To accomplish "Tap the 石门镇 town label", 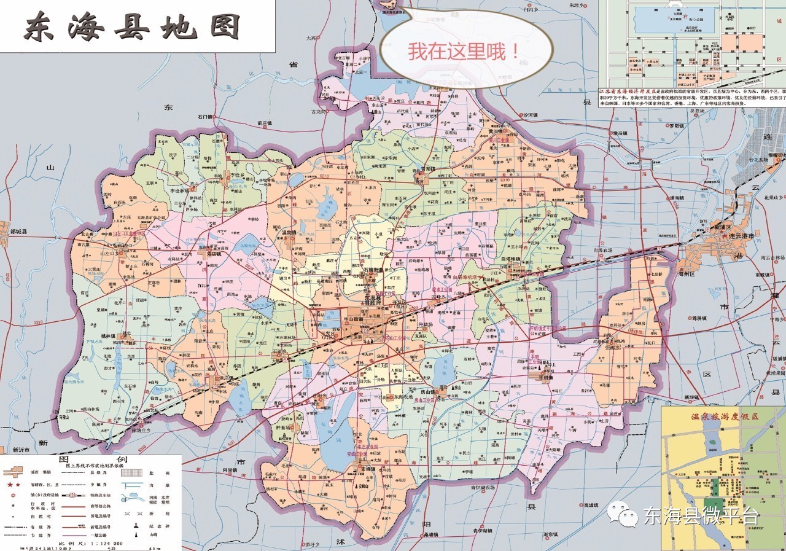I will coord(204,115).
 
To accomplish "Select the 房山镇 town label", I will coord(424,391).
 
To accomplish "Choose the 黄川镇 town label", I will coord(497,131).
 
